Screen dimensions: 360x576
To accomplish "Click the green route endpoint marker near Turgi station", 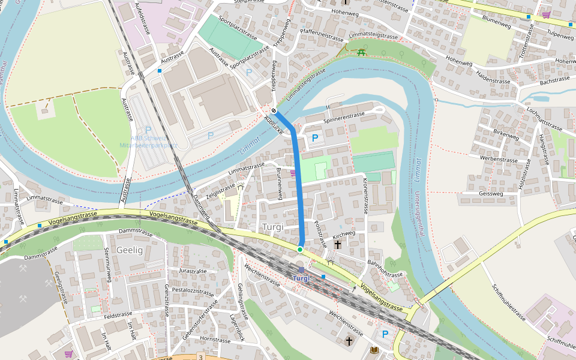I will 300,249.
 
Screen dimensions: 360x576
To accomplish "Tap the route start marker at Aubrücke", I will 274,110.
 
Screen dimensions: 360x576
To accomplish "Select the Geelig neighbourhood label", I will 130,250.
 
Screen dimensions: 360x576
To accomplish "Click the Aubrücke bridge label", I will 272,123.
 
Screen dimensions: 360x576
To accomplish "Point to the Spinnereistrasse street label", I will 344,118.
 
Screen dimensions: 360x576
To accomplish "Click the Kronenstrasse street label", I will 365,196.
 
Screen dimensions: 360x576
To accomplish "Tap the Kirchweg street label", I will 344,234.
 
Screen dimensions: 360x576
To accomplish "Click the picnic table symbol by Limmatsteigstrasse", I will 361,53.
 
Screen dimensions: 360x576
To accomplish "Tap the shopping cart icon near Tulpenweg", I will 545,15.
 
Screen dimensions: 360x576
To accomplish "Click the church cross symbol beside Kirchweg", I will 338,245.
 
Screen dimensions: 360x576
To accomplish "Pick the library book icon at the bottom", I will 374,350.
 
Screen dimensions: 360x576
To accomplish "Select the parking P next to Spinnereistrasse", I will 315,139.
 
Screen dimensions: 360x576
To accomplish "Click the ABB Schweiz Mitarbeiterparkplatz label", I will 148,142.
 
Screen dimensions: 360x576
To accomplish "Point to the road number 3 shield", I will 201,357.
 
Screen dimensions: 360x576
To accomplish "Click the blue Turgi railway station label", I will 302,278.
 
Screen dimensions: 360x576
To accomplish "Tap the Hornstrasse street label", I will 214,340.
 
